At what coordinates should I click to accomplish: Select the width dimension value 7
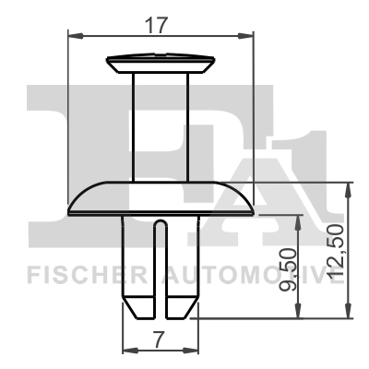(x=161, y=339)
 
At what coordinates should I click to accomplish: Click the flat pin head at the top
(x=161, y=64)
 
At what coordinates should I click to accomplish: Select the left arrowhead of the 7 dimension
(x=128, y=351)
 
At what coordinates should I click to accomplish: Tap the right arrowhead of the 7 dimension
(x=195, y=351)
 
